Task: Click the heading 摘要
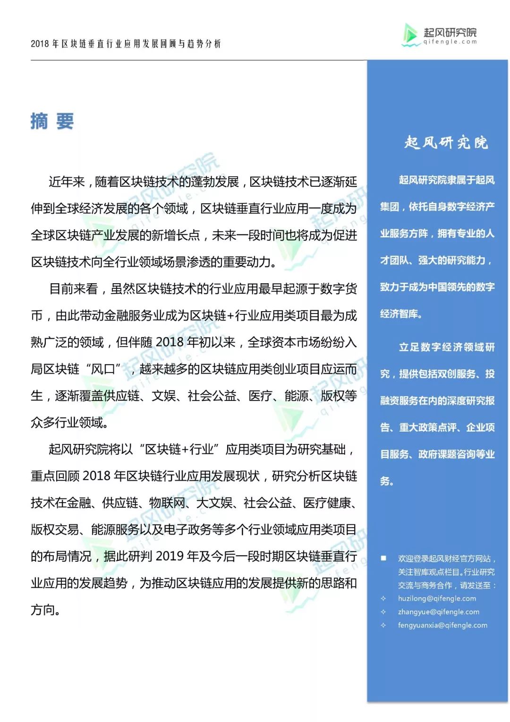(52, 122)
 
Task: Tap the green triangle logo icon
(410, 35)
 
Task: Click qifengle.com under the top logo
(450, 42)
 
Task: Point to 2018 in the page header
(40, 44)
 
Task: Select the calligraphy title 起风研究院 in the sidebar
(446, 142)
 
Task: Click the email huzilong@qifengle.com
(437, 599)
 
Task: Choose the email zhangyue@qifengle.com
(438, 612)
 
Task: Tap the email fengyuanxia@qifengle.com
(442, 625)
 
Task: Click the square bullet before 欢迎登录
(383, 558)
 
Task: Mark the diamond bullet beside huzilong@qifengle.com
(383, 599)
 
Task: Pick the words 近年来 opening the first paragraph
(67, 182)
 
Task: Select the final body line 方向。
(45, 610)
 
